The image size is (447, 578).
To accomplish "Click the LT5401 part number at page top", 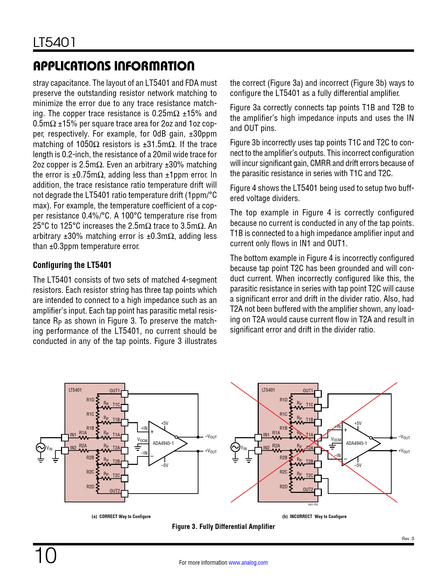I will (x=54, y=42).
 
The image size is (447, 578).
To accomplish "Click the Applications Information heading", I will (x=114, y=66).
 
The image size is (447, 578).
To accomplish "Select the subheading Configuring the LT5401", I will (x=72, y=265).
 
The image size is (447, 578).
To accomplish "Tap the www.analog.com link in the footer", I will (x=248, y=563).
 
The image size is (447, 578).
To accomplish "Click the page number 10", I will (x=45, y=556).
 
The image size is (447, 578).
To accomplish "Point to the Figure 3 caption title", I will (x=223, y=527).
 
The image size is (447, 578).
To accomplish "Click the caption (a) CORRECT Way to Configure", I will (x=121, y=516).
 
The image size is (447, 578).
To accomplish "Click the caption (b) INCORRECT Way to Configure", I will (x=314, y=516).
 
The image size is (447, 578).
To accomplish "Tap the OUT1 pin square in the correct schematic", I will (x=124, y=394).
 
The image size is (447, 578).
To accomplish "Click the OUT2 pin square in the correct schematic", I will (x=124, y=494).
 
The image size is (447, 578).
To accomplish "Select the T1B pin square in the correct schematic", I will (x=124, y=422).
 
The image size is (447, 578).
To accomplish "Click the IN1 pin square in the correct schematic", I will (x=65, y=437).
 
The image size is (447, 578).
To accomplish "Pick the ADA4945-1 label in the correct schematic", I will (x=163, y=443).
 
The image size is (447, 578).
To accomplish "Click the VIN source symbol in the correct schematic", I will (x=40, y=447).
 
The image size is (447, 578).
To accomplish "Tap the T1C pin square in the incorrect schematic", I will (x=318, y=408).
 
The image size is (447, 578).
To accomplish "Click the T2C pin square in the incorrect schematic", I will (x=318, y=479).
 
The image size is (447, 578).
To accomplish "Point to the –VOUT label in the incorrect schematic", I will (x=404, y=437).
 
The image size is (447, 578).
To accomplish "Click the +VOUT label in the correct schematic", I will (x=211, y=451).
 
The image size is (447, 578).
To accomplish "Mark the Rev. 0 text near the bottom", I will (x=408, y=538).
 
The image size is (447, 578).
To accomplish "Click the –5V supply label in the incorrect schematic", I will (x=358, y=465).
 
